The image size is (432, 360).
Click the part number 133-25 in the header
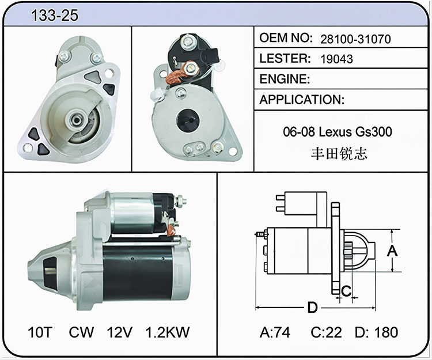[55, 15]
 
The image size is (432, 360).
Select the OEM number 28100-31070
[355, 39]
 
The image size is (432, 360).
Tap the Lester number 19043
[337, 59]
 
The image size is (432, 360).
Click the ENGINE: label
[285, 79]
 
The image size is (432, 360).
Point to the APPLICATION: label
[302, 100]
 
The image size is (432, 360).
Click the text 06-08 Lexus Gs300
[338, 132]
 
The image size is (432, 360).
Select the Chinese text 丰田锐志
[339, 153]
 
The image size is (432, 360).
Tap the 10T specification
[40, 332]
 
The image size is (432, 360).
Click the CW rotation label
[81, 332]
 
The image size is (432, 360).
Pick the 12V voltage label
[120, 332]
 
